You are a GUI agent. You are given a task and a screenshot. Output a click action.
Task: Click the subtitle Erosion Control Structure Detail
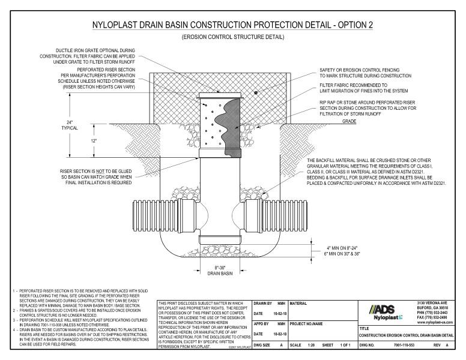click(x=233, y=37)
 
